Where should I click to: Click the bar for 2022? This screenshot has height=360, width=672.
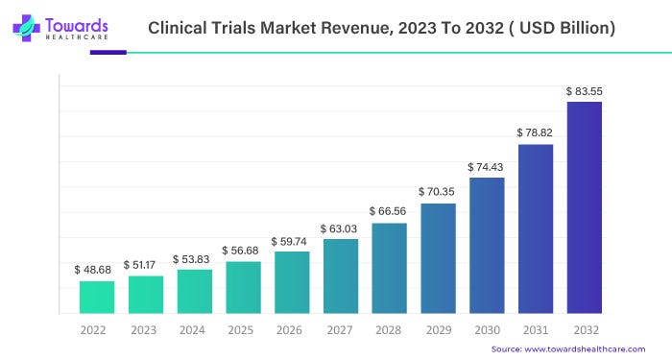pyautogui.click(x=97, y=297)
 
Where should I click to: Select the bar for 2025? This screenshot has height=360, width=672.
pyautogui.click(x=243, y=287)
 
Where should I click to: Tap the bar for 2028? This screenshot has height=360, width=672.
pyautogui.click(x=389, y=268)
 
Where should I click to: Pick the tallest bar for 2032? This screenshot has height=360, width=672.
pyautogui.click(x=585, y=207)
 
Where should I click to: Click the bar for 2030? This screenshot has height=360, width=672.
pyautogui.click(x=487, y=245)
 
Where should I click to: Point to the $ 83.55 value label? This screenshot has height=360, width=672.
pyautogui.click(x=585, y=91)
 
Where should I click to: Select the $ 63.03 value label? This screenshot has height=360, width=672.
pyautogui.click(x=339, y=228)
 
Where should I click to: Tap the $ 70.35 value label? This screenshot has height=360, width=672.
pyautogui.click(x=438, y=192)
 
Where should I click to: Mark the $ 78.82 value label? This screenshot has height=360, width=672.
pyautogui.click(x=536, y=133)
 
